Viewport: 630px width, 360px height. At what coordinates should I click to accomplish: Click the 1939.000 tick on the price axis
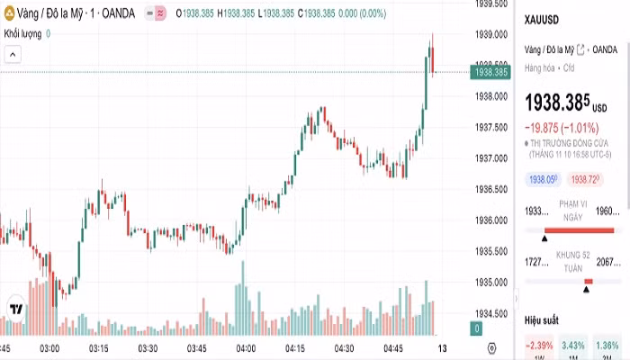[490, 35]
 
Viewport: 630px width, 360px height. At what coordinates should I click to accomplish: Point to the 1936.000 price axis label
[490, 220]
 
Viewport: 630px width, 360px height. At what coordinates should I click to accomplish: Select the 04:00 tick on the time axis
[245, 348]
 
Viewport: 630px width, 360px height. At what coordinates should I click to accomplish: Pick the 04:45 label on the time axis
[393, 348]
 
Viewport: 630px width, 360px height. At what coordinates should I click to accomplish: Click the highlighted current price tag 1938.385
[490, 72]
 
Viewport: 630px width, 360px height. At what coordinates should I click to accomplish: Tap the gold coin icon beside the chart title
[9, 13]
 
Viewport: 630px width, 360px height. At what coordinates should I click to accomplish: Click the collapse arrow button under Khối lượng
[13, 55]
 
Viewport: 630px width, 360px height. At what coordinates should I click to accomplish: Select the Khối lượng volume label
[23, 33]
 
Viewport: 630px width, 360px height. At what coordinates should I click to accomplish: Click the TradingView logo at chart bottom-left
[15, 310]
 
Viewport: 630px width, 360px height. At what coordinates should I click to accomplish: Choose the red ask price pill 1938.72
[586, 180]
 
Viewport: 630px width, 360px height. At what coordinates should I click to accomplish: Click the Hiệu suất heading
[542, 320]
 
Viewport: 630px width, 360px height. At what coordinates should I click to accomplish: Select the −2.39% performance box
[539, 346]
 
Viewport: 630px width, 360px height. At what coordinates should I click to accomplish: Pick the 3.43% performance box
[573, 346]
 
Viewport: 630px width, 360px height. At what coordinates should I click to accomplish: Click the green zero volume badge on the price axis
[477, 329]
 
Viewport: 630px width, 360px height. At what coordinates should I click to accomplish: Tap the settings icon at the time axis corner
[490, 348]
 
